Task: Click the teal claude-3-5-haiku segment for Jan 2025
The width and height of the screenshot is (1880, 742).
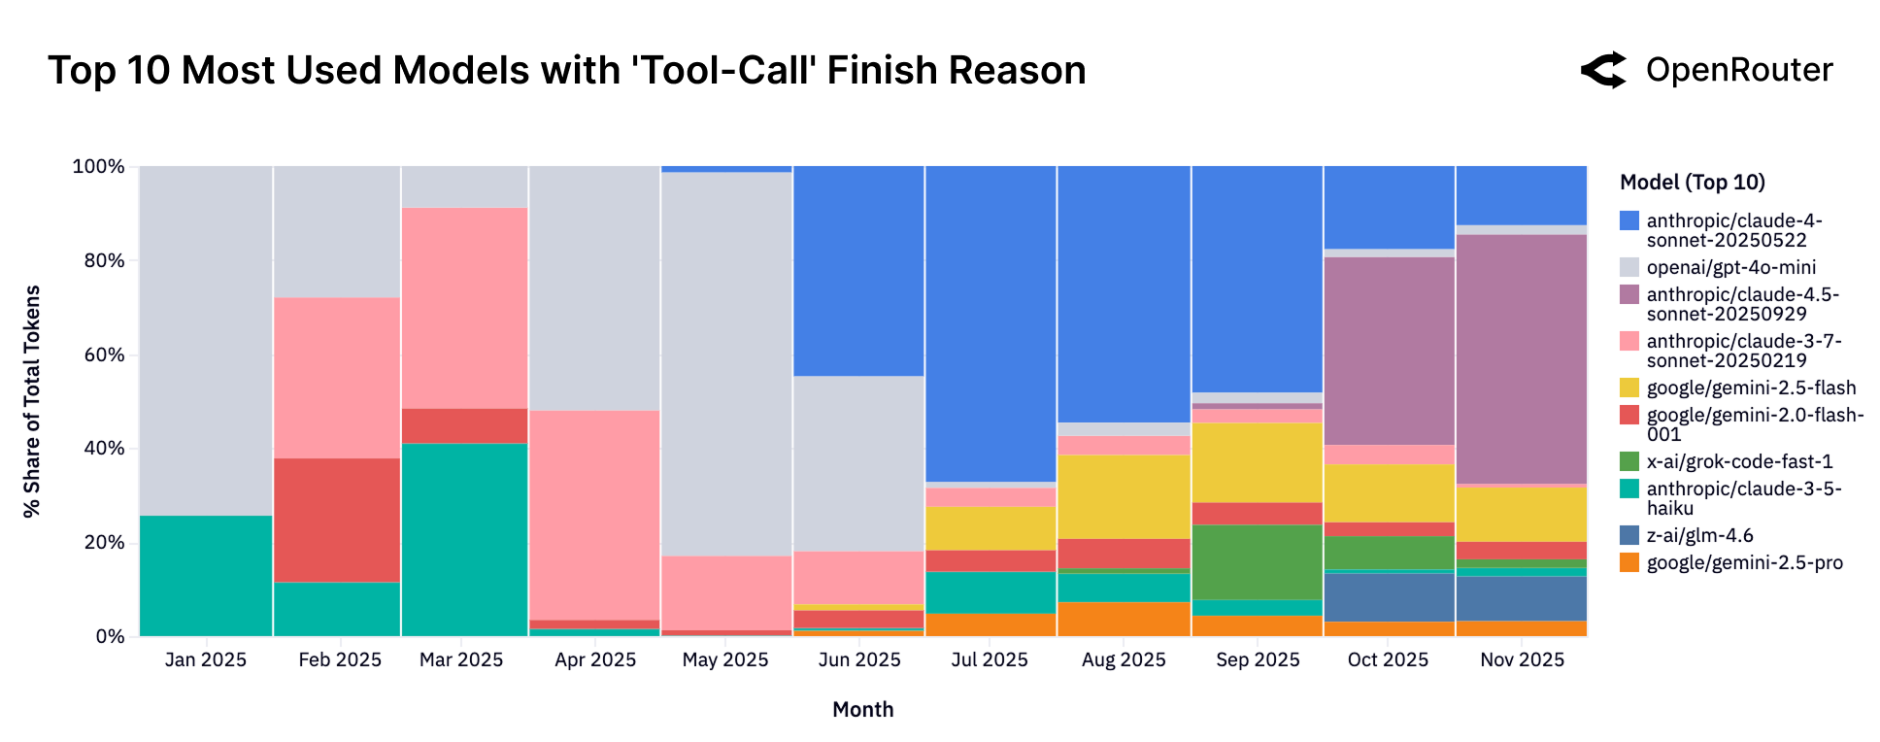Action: pyautogui.click(x=206, y=575)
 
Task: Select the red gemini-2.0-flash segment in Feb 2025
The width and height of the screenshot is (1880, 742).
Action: pyautogui.click(x=337, y=520)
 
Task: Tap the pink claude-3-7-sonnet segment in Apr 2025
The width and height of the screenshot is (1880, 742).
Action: pyautogui.click(x=594, y=515)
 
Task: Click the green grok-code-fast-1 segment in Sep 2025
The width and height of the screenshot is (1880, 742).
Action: pyautogui.click(x=1257, y=561)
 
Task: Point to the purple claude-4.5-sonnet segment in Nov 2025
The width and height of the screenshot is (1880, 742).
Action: pyautogui.click(x=1521, y=358)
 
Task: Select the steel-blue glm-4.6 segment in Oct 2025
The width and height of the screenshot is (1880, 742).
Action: pyautogui.click(x=1389, y=596)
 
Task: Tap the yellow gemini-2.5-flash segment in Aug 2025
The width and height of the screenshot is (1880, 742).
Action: pyautogui.click(x=1124, y=496)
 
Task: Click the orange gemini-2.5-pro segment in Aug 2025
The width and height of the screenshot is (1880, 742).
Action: pyautogui.click(x=1124, y=619)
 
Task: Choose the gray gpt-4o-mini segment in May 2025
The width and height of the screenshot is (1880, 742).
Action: pyautogui.click(x=726, y=363)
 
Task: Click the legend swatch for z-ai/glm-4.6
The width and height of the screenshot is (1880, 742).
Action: pyautogui.click(x=1629, y=535)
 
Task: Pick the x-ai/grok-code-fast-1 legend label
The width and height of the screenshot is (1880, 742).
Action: pyautogui.click(x=1739, y=461)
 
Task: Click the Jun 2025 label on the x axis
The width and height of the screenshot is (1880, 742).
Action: pyautogui.click(x=859, y=659)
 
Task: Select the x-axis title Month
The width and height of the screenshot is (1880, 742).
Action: pyautogui.click(x=862, y=709)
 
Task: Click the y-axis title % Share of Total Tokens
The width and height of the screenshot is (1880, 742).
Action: pyautogui.click(x=32, y=401)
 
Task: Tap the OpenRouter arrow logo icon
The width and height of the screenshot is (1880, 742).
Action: pyautogui.click(x=1603, y=70)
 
